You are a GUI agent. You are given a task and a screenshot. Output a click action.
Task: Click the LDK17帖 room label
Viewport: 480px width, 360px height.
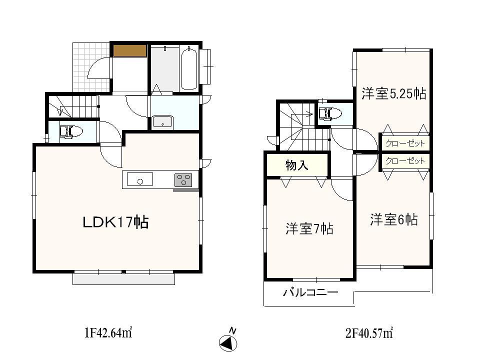[115, 222]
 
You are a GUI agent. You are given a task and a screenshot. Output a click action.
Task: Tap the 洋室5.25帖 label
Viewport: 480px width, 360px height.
[394, 93]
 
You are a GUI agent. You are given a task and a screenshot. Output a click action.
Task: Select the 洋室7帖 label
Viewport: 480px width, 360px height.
[309, 228]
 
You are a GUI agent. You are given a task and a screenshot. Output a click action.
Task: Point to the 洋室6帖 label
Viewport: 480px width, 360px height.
[394, 219]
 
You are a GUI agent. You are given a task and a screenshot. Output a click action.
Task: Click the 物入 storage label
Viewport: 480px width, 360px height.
[296, 165]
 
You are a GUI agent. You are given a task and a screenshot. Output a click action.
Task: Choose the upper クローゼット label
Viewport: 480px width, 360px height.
[405, 143]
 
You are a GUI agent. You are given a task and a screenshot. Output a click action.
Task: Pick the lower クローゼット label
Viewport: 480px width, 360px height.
[405, 161]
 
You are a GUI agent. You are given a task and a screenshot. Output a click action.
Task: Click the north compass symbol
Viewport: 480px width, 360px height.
[228, 342]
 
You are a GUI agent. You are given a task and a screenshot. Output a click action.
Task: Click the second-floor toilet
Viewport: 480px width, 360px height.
[329, 114]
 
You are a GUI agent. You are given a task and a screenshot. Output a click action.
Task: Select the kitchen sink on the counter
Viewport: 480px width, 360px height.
[140, 179]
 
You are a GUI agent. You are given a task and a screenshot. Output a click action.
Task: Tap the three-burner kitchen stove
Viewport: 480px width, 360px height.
[183, 180]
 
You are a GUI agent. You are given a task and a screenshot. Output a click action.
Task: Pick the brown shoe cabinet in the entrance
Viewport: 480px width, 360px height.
[129, 50]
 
